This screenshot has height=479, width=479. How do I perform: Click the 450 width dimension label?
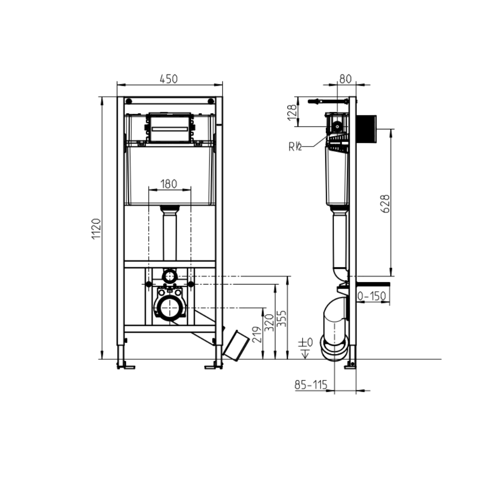point(169,79)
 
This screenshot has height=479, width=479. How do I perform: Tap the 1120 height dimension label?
point(97,229)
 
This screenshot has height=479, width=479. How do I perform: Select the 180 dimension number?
point(169,184)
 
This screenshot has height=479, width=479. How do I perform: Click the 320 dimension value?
point(269,322)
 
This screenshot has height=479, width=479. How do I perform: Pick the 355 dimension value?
point(281,319)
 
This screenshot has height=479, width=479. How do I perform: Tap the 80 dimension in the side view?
point(345,79)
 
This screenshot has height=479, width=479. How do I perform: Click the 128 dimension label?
point(293,112)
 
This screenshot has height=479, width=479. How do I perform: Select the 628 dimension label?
point(386,204)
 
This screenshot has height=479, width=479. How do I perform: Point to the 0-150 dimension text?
point(372,296)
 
